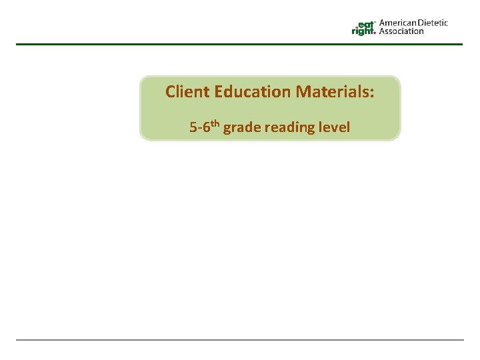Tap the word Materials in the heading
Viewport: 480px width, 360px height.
tap(333, 91)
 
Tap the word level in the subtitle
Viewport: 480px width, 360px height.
tap(335, 127)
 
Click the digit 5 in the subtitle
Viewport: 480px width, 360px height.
tap(193, 127)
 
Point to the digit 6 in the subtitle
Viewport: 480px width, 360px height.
tap(205, 127)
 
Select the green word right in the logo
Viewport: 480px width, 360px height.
tap(363, 31)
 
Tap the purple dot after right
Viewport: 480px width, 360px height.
tap(375, 33)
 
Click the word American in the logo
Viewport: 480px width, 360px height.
tap(399, 23)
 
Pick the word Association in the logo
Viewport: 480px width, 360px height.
tap(401, 31)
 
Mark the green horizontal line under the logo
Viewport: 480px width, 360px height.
tap(239, 44)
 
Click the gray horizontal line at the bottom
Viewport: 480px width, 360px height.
tap(239, 340)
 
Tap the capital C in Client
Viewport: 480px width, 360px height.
tap(170, 91)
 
